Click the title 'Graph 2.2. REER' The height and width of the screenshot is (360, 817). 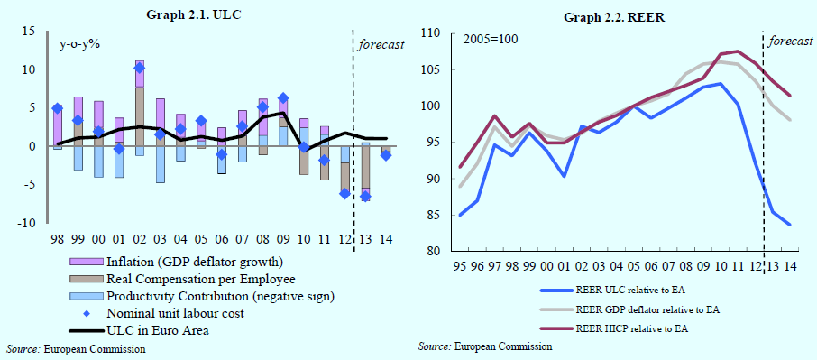[x=614, y=17]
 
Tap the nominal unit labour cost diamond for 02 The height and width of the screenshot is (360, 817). [x=139, y=69]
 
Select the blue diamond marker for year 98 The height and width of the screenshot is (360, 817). [x=58, y=108]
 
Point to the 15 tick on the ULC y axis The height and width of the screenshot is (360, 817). [x=30, y=32]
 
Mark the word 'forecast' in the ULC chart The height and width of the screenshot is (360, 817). [x=381, y=45]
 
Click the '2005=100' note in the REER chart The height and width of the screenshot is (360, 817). [x=491, y=40]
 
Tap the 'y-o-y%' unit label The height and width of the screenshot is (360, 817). [x=79, y=44]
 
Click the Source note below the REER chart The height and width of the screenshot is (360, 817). [x=484, y=346]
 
